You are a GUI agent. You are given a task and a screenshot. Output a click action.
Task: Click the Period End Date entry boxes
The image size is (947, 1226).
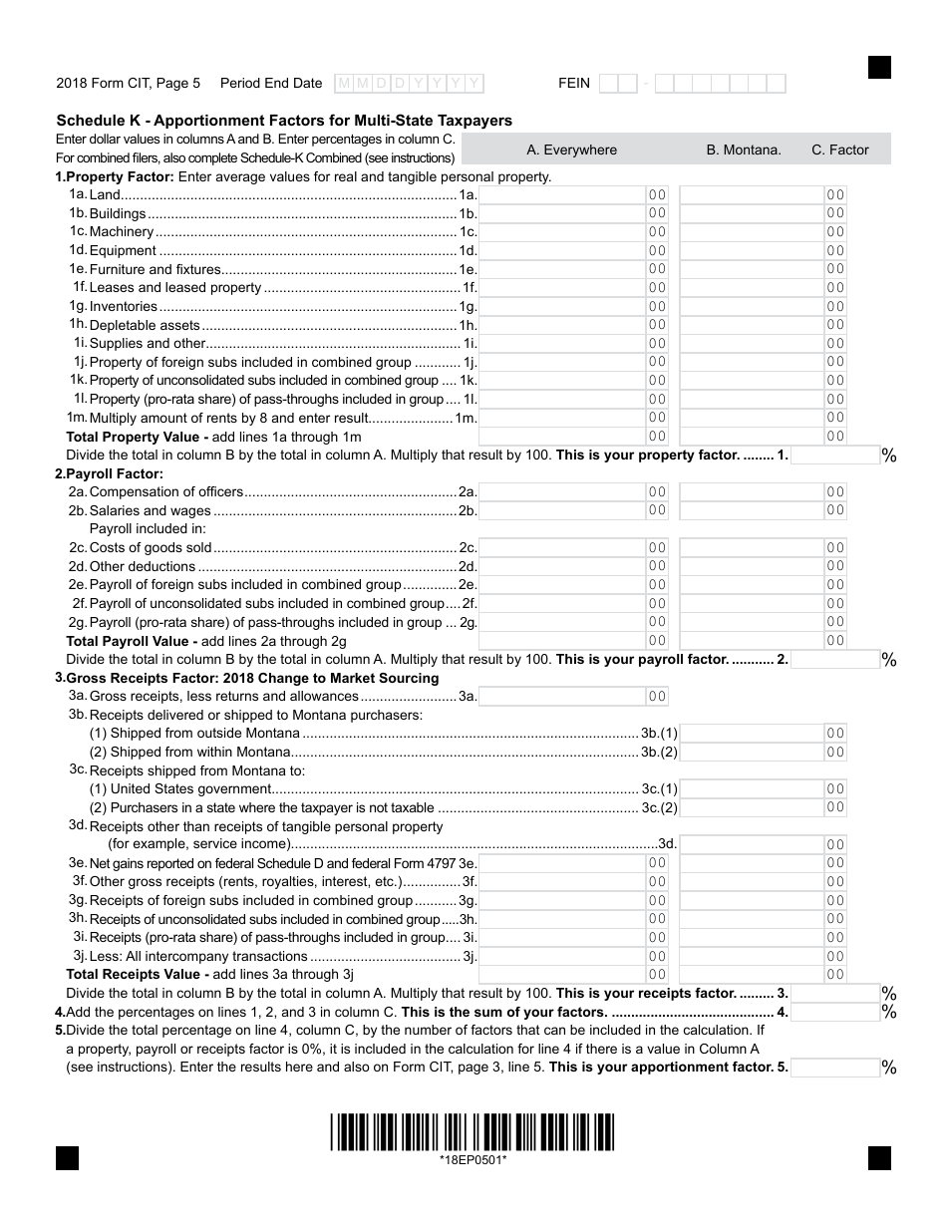coord(409,84)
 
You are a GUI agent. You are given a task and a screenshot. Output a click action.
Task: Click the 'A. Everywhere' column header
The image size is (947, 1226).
coord(571,151)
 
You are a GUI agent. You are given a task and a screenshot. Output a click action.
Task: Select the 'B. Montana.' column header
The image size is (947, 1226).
coord(744,151)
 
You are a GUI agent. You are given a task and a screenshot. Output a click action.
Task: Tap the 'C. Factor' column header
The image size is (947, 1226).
coord(839,151)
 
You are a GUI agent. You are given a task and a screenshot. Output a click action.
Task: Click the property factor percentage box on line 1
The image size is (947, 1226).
coord(834,456)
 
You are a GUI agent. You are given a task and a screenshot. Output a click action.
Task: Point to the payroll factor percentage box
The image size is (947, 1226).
coord(834,660)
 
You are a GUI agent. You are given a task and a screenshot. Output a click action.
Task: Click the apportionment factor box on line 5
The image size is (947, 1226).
coord(834,1068)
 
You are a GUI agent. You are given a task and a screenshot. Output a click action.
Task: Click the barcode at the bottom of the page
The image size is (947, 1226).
coord(473,1132)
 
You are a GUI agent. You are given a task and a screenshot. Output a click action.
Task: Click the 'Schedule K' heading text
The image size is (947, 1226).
coord(284,121)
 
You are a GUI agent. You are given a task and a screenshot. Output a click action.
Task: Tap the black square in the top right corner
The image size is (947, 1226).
coord(878,67)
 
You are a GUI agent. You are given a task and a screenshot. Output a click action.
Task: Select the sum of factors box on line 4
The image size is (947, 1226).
coord(834,1013)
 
